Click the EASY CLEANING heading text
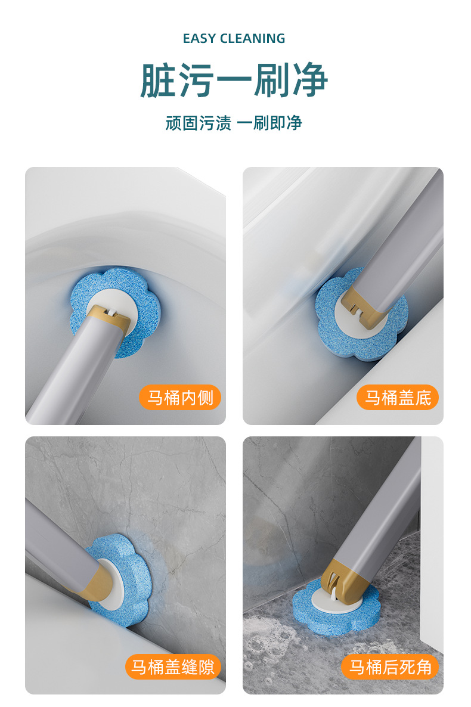point(234,39)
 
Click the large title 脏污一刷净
point(234,80)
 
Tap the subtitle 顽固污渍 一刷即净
point(234,123)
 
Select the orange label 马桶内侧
point(180,398)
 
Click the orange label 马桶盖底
point(398,398)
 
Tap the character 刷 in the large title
point(271,80)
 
